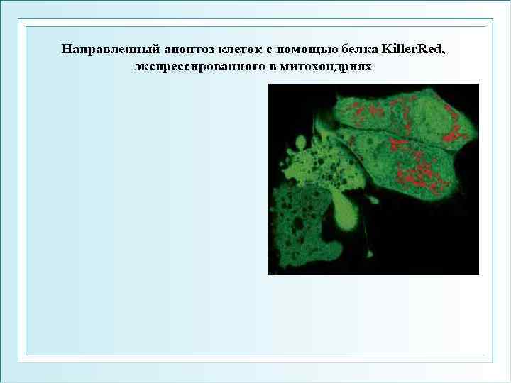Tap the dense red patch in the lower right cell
(419, 177)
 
